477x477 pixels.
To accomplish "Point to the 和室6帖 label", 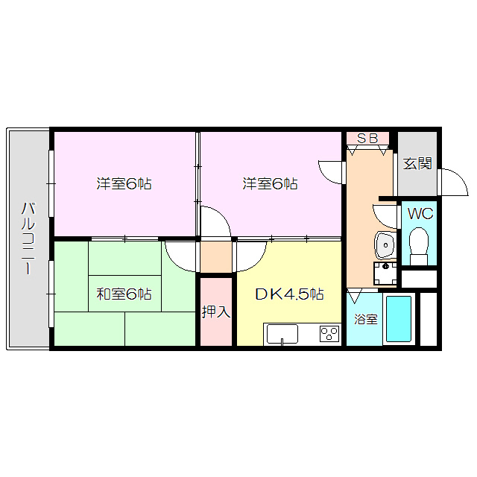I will [124, 294].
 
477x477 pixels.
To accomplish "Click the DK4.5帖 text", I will [289, 294].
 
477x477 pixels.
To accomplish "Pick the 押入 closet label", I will [216, 312].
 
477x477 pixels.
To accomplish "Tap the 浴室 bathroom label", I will [365, 319].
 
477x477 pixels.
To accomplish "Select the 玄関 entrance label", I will [418, 164].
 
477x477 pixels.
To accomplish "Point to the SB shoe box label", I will [367, 138].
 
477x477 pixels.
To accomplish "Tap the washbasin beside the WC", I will [385, 243].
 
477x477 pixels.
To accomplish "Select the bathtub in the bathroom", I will [399, 319].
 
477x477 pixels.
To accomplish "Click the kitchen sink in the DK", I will [282, 333].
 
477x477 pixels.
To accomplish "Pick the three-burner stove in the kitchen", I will [329, 334].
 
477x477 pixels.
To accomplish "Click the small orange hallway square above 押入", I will [216, 257].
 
